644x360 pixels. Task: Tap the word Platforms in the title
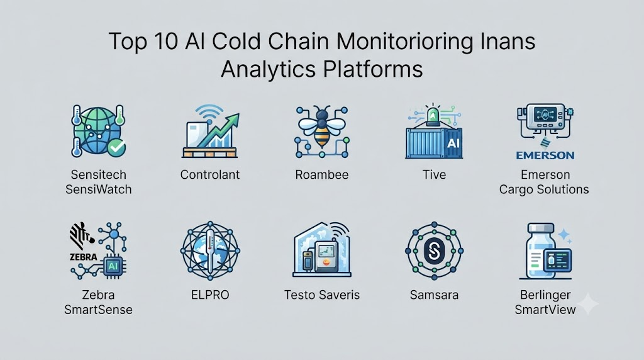click(373, 69)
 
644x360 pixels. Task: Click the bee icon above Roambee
click(322, 126)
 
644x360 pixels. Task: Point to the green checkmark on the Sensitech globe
click(116, 148)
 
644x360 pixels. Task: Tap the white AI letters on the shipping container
click(453, 143)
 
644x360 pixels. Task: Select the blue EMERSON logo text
click(545, 155)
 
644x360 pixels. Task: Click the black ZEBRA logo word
click(84, 257)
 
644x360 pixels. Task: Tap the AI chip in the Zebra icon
click(113, 266)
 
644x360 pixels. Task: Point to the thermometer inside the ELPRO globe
click(210, 251)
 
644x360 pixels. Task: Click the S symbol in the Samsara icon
click(434, 250)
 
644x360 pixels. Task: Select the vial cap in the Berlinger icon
click(541, 228)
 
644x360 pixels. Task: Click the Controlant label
click(210, 175)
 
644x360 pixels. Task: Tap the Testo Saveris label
click(322, 295)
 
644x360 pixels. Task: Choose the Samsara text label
click(434, 295)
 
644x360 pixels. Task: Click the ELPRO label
click(210, 295)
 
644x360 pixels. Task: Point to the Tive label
click(434, 175)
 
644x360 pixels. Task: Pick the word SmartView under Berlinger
click(545, 310)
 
